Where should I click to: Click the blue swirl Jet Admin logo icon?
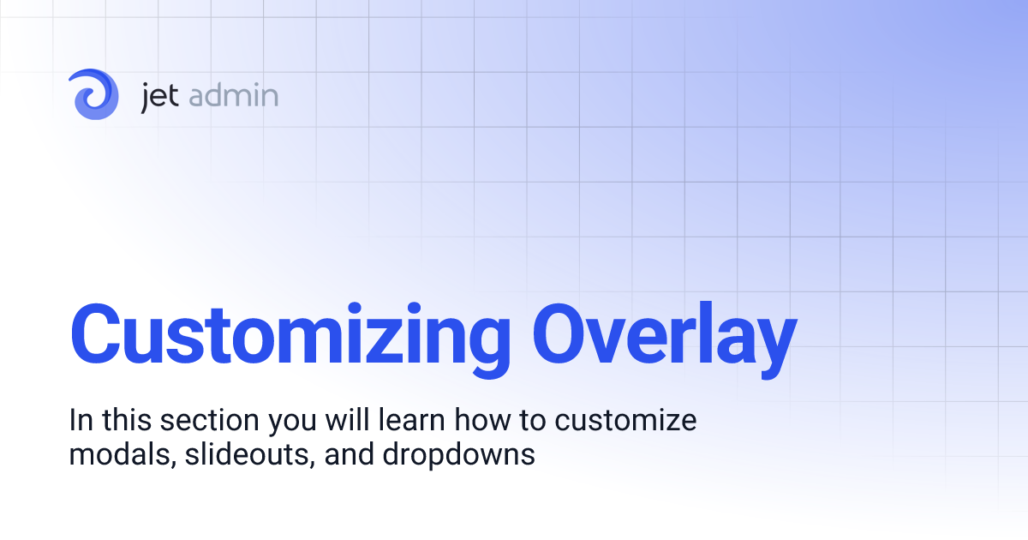click(x=94, y=93)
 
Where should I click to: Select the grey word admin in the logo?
click(x=231, y=94)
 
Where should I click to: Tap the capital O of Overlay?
click(x=561, y=333)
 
